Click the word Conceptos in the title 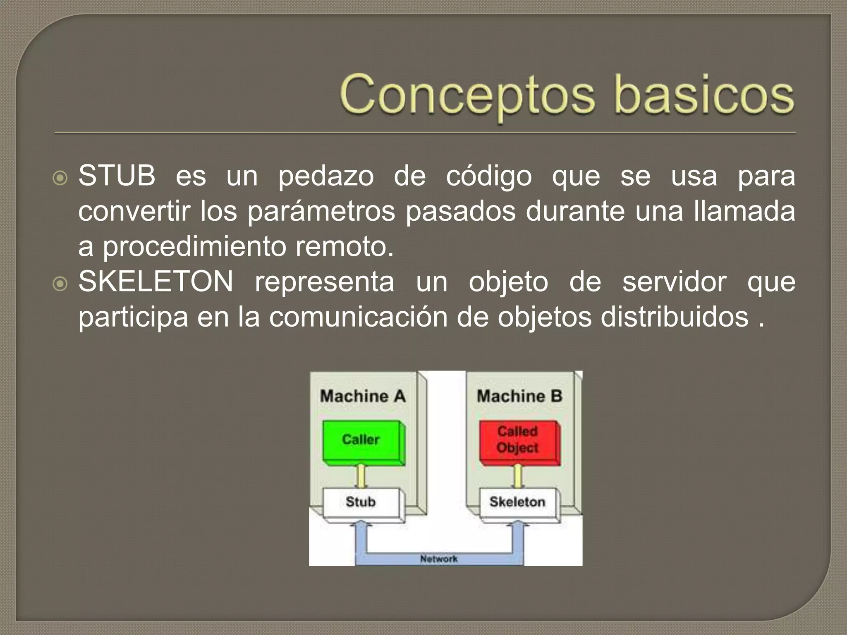point(467,96)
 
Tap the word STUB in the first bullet point(117,176)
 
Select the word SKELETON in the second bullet point(156,282)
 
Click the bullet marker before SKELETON point(60,284)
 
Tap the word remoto point(344,247)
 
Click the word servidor point(674,282)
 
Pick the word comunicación point(359,317)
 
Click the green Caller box point(361,440)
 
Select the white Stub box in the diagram point(361,502)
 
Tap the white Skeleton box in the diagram point(517,502)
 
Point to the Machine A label point(363,396)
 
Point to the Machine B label point(519,396)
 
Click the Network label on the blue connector point(439,559)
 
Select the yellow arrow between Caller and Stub point(361,477)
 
